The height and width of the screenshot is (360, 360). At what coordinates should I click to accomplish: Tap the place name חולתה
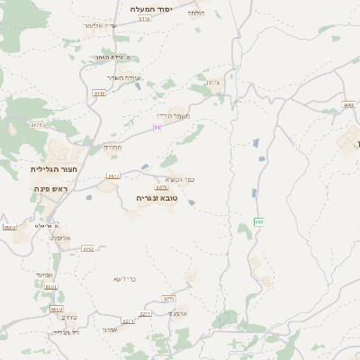point(196,13)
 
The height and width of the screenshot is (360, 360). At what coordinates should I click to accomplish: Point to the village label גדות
point(213,84)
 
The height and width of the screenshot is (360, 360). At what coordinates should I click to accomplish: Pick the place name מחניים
point(112,148)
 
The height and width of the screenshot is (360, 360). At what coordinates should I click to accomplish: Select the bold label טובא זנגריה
point(157,197)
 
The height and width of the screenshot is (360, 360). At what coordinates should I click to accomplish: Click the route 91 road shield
point(157,128)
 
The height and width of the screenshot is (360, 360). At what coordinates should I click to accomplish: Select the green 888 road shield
point(258,220)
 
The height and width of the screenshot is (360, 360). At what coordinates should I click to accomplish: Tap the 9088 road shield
point(349,104)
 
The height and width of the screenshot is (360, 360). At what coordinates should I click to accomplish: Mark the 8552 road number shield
point(88,248)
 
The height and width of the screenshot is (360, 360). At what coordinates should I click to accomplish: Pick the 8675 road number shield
point(37,125)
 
